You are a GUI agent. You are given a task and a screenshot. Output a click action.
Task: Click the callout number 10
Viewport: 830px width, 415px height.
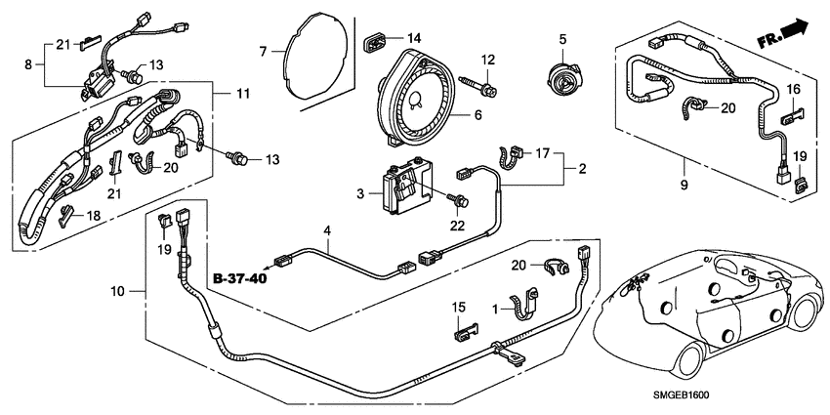[x=117, y=290]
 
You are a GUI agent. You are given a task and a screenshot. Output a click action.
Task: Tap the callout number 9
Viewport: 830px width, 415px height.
[x=684, y=185]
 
